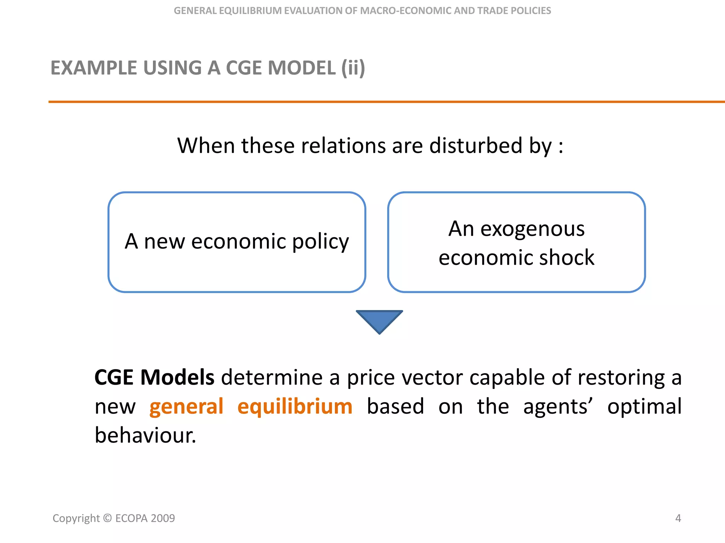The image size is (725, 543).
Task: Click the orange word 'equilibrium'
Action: (295, 407)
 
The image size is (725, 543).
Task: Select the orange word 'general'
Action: (186, 407)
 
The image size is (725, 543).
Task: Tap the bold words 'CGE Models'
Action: (154, 377)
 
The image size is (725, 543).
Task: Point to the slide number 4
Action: (678, 518)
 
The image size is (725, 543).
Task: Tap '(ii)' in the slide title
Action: (353, 68)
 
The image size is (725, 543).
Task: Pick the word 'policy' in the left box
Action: (320, 243)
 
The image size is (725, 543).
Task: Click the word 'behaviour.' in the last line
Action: (145, 436)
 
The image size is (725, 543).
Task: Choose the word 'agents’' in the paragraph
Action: (558, 407)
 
